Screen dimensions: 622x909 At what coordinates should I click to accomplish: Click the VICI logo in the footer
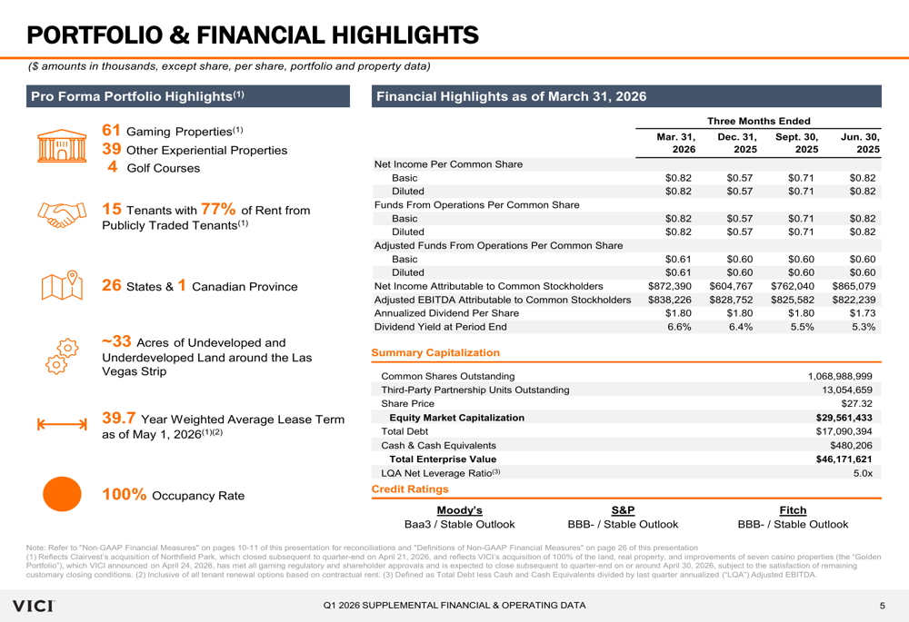tap(32, 605)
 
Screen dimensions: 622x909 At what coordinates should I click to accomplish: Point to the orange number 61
tap(110, 131)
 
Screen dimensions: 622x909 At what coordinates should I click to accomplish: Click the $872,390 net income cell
tap(670, 286)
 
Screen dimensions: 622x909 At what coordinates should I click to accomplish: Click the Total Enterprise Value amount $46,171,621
tap(844, 459)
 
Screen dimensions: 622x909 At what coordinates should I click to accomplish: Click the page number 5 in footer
tap(881, 606)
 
